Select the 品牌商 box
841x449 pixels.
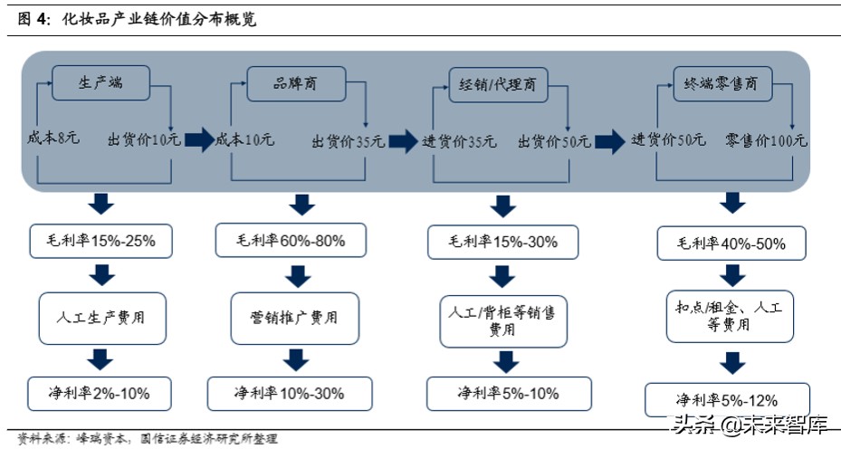tap(296, 84)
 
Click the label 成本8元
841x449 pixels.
tap(54, 139)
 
